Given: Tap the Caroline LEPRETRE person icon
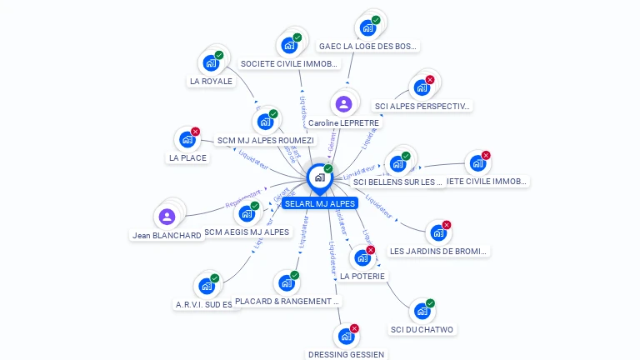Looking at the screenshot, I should coord(343,104).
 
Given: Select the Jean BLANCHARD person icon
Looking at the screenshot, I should coord(167,217).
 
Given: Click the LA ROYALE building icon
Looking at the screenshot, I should coord(211,62).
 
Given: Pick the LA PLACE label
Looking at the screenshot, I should coord(187,157).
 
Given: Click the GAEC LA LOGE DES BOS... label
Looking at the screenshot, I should coord(368,47).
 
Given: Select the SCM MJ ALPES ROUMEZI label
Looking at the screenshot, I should coord(265,140).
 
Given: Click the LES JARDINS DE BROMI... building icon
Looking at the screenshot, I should coord(437,232).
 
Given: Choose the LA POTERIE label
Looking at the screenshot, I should coord(362,276).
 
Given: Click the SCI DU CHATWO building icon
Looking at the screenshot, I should coord(422,311).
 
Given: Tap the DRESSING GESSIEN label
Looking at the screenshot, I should coord(346,354).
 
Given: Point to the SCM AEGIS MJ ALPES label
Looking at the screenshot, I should coord(246,232).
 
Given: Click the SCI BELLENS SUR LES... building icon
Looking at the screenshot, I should coord(397,163).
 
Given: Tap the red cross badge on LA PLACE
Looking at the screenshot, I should coord(196,132).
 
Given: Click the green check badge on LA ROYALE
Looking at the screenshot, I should coord(219,55).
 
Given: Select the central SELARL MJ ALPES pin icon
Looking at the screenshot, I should coord(318,177).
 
